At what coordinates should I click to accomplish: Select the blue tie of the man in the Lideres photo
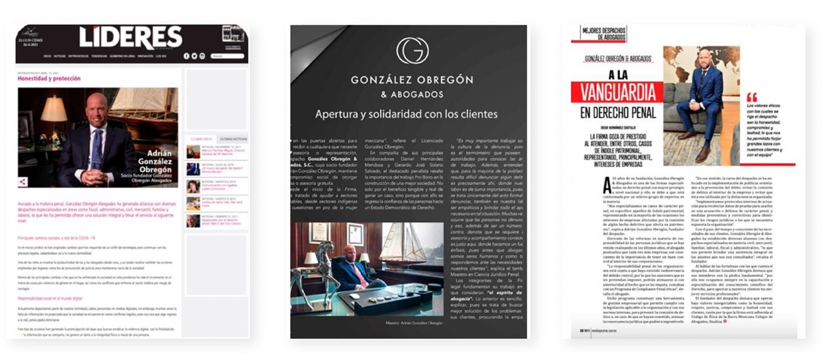pos(97,147)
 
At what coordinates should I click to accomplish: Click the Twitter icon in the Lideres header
pos(194,56)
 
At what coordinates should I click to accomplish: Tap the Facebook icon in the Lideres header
pos(186,56)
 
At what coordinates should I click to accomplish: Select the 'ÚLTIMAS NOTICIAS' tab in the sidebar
pos(230,138)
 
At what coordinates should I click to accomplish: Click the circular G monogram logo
pos(412,51)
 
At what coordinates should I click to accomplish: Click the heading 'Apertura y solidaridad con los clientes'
pos(406,115)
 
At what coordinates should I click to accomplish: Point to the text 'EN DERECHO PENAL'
pos(618,113)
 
